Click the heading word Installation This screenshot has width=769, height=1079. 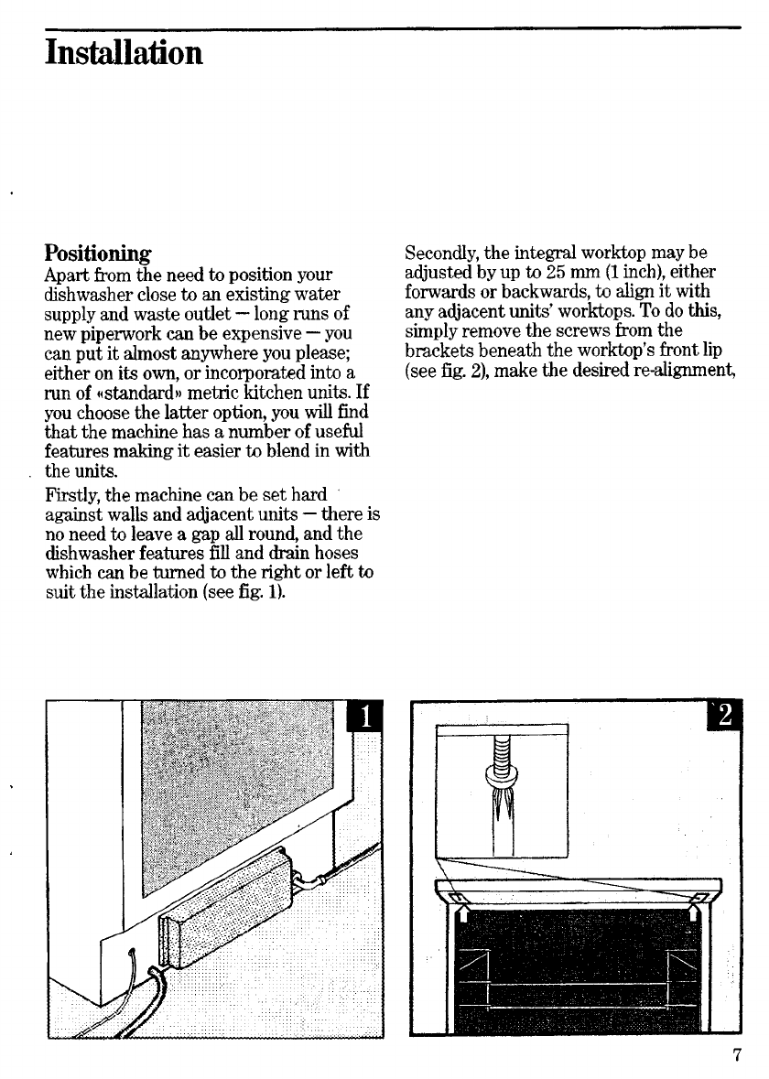(x=123, y=52)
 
